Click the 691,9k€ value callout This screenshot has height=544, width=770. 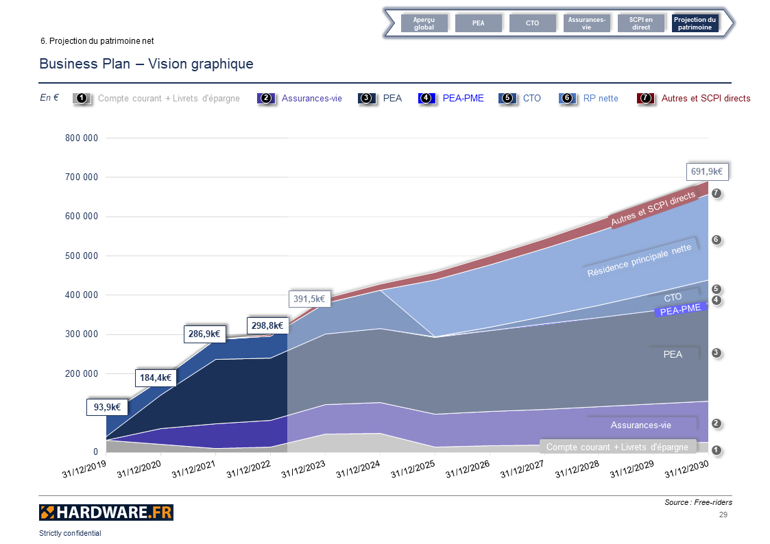(708, 172)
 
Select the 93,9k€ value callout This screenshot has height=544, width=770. (108, 407)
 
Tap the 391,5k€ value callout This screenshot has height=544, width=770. (309, 299)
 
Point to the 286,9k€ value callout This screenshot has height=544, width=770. (204, 334)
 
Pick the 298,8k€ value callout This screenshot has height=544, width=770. (267, 325)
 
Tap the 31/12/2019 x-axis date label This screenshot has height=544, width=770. (84, 469)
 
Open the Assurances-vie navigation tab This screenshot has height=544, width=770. (586, 23)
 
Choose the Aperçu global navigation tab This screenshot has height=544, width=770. (424, 23)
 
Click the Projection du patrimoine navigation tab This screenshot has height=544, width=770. (695, 23)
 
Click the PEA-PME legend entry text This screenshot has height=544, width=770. (463, 98)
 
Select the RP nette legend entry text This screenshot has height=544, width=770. (601, 98)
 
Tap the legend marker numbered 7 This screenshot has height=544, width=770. (645, 98)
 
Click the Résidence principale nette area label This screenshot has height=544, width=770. (639, 261)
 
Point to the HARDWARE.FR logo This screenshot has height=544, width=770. (106, 512)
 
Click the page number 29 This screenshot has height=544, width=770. (723, 515)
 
